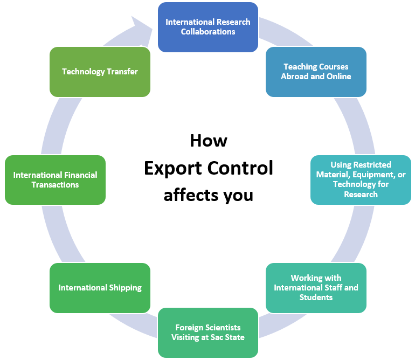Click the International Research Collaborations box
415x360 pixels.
point(207,27)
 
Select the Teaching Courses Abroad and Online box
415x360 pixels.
point(316,72)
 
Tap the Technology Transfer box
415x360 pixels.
point(100,72)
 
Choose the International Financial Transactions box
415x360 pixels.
point(55,180)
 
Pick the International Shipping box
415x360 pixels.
point(100,288)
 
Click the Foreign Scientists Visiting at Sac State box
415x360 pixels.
point(207,333)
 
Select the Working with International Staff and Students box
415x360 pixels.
point(316,288)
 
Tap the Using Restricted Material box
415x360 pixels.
point(361,180)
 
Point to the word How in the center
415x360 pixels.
point(208,141)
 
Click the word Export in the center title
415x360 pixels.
point(172,169)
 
